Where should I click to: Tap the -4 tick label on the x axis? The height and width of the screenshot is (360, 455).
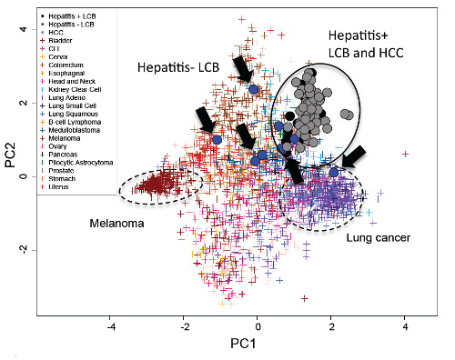(x=111, y=324)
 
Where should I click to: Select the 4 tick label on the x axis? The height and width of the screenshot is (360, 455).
(x=404, y=324)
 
